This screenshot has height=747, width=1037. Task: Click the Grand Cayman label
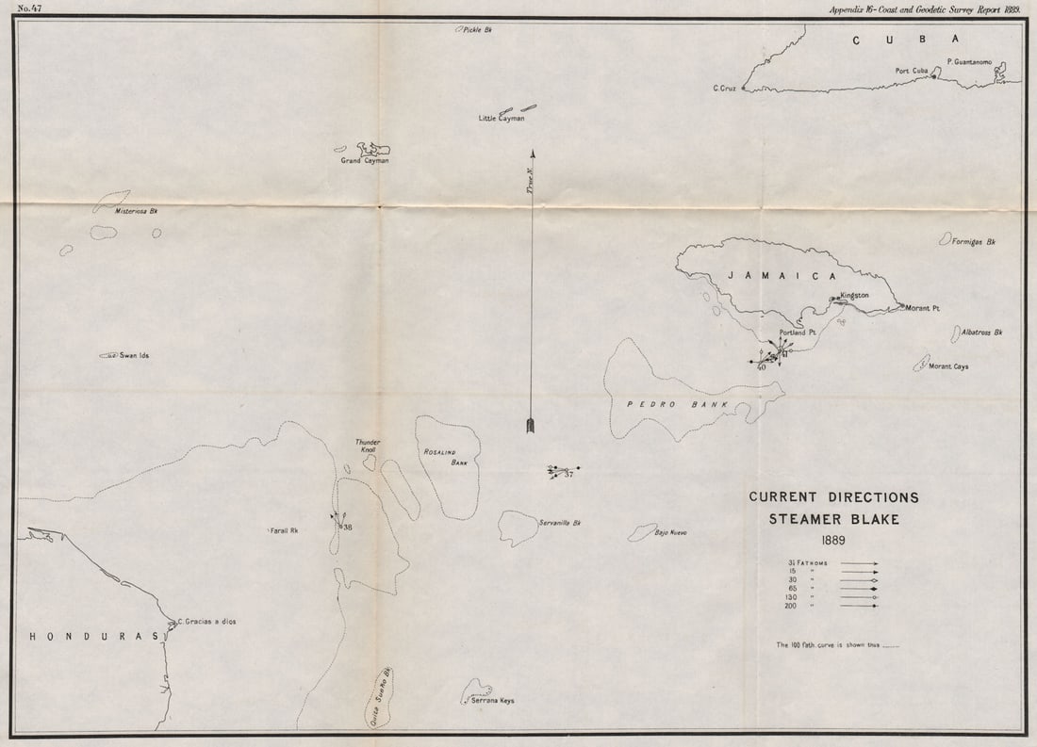365,161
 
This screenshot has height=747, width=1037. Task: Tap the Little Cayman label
502,119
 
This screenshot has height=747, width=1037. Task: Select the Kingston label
854,295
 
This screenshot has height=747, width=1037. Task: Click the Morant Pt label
923,308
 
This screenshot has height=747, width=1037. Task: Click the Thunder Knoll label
366,447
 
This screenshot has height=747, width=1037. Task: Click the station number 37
568,474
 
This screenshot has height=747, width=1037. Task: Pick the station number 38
347,527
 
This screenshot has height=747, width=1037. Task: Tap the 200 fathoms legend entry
794,606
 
